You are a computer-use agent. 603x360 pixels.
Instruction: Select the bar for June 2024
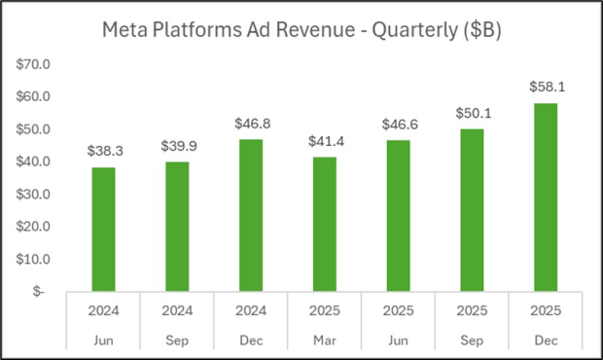[x=103, y=230]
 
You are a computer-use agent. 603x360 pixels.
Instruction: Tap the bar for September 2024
[x=176, y=227]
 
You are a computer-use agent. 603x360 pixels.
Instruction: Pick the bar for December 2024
[x=252, y=215]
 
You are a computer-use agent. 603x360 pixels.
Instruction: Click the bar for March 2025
[x=325, y=224]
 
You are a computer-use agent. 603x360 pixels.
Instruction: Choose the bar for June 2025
[x=398, y=216]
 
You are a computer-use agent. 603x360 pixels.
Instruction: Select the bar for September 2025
[x=472, y=210]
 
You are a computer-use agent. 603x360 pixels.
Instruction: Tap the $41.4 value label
[x=325, y=141]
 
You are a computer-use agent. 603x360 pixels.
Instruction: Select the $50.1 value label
[x=472, y=113]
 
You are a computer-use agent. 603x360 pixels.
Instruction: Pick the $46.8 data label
[x=252, y=124]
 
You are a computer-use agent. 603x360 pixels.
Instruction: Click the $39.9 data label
[x=176, y=146]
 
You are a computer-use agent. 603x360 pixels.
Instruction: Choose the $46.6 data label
[x=398, y=125]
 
